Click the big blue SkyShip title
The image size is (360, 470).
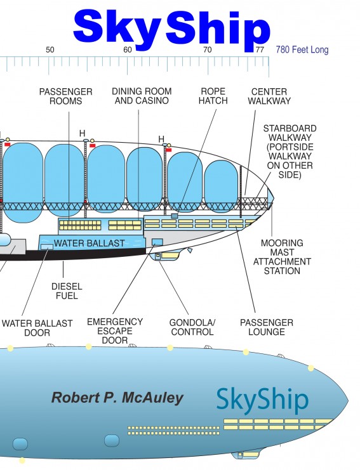click(x=171, y=30)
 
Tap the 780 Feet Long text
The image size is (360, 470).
click(x=302, y=49)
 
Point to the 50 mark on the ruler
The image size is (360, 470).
click(x=50, y=49)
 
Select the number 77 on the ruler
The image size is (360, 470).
click(x=260, y=49)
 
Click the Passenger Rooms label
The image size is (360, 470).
click(x=65, y=96)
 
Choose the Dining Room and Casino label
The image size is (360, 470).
click(x=142, y=96)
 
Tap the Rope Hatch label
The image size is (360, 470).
click(x=213, y=96)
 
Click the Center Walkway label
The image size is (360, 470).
click(x=269, y=96)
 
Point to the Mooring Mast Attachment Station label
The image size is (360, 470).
click(x=282, y=257)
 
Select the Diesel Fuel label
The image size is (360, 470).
click(x=67, y=291)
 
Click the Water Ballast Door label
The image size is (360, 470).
click(x=37, y=328)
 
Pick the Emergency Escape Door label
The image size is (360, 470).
click(x=115, y=331)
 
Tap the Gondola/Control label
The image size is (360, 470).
click(x=192, y=327)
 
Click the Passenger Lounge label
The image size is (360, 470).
click(x=267, y=327)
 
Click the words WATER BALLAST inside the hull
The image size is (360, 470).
click(x=89, y=243)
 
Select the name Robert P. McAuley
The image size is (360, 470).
click(x=117, y=398)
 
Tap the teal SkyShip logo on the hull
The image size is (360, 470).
click(x=262, y=401)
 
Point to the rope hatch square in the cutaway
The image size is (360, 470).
click(x=175, y=216)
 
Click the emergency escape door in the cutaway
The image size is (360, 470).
click(x=157, y=242)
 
